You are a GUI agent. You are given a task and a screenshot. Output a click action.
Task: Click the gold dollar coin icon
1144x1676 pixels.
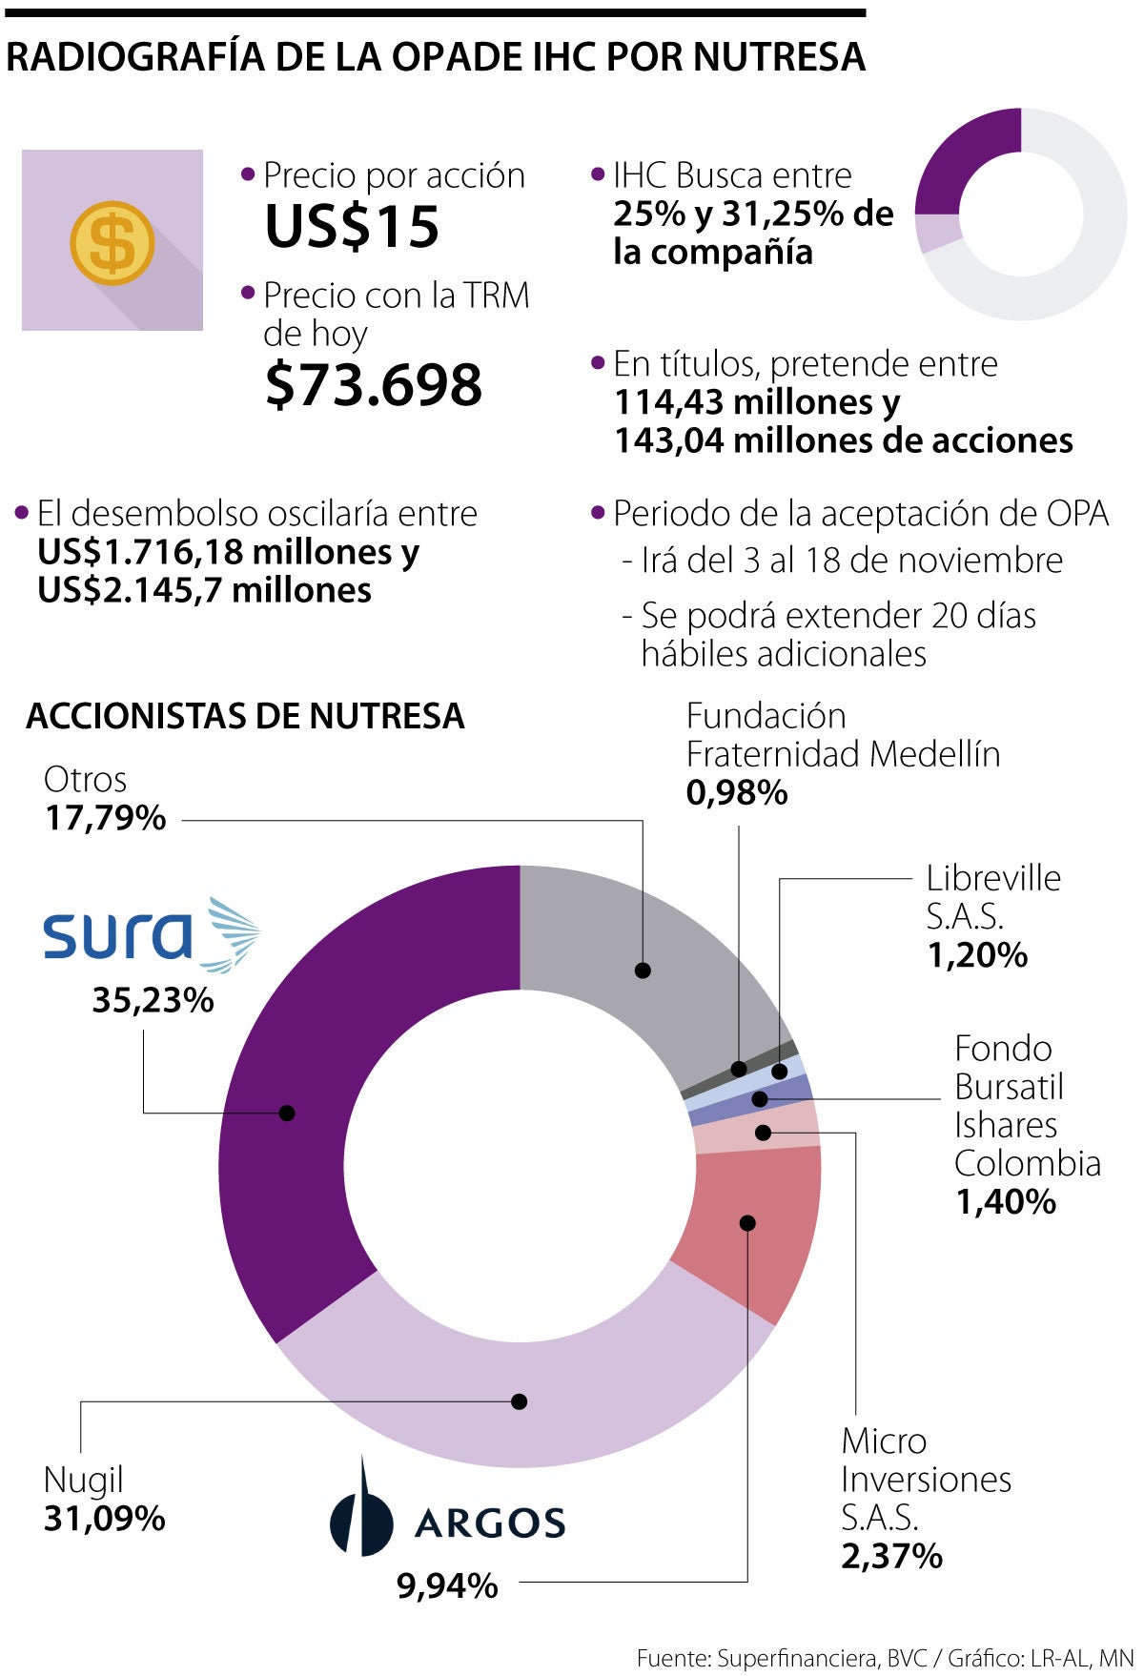click(112, 243)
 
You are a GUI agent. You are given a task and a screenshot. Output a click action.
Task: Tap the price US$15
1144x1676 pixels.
click(352, 227)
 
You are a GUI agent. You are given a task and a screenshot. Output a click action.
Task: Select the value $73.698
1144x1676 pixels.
click(374, 385)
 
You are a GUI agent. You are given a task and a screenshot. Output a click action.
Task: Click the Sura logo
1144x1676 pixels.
click(151, 934)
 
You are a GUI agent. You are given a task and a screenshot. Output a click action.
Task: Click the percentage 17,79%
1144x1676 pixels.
click(105, 818)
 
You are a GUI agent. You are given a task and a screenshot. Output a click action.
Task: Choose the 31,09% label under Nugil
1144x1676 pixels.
click(105, 1518)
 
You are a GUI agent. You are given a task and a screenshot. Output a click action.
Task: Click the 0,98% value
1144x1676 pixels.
click(737, 792)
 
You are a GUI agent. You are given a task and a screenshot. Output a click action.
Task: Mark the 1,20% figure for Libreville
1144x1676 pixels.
click(977, 954)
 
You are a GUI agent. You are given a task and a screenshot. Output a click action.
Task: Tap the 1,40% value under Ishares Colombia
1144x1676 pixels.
click(1006, 1202)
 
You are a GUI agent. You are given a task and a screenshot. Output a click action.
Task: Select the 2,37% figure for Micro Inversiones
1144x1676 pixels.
click(891, 1556)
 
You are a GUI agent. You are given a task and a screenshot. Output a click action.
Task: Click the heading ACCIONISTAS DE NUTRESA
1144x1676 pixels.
click(245, 716)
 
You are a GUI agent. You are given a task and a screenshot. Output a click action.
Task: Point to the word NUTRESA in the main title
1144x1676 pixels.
click(779, 57)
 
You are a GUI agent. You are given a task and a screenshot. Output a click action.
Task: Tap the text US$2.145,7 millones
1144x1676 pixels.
click(205, 590)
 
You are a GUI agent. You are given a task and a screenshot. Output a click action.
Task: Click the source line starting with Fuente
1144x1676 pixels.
click(885, 1659)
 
